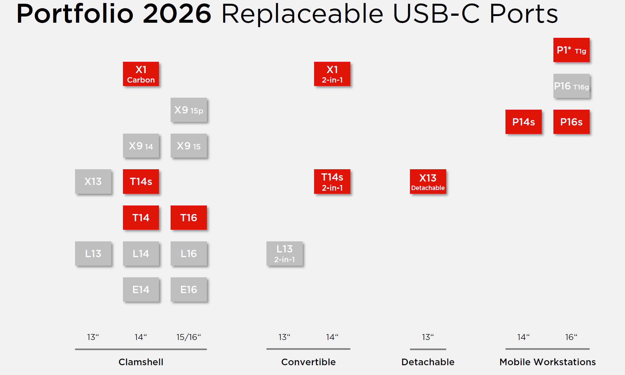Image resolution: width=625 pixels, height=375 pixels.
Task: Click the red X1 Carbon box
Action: (141, 74)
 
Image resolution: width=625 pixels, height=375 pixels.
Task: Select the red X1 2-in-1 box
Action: (332, 74)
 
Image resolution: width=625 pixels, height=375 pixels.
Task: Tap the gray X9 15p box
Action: (189, 110)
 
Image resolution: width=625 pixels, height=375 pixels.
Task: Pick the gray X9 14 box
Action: (141, 146)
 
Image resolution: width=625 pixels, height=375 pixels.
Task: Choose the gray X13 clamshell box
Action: (93, 182)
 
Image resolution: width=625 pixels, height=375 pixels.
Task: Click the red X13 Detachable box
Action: (428, 182)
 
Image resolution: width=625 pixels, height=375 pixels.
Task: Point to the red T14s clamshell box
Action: (141, 182)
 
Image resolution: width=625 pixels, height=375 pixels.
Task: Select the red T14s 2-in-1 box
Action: (332, 182)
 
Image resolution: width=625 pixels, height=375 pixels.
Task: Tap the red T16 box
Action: (189, 217)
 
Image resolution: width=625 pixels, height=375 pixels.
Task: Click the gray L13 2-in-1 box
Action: (284, 253)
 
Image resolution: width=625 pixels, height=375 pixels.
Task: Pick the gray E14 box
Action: (141, 289)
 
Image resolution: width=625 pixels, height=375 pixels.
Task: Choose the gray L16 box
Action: (189, 253)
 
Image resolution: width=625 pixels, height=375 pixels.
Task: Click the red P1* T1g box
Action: (571, 50)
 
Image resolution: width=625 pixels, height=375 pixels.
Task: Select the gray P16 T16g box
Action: (571, 86)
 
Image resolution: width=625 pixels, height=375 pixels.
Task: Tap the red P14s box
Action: (523, 122)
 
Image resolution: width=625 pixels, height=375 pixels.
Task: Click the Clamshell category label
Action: (141, 362)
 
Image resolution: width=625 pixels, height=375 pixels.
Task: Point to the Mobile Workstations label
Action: (548, 362)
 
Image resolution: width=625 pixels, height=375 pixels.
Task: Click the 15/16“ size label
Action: (189, 337)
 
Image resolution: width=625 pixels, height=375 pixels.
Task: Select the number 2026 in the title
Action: (177, 14)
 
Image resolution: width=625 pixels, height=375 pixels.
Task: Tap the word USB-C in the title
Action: (436, 14)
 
